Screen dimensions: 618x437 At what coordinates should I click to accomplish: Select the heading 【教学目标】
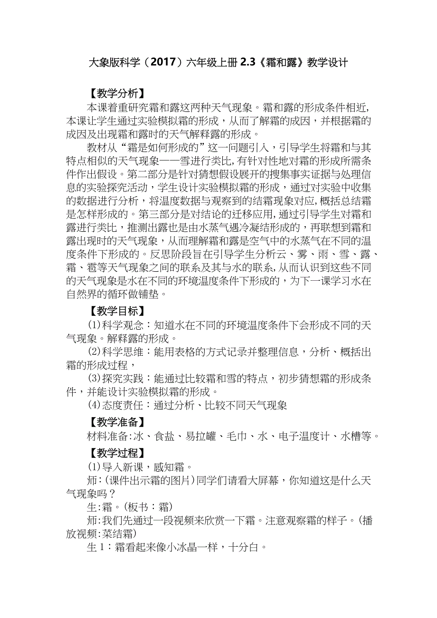click(x=114, y=311)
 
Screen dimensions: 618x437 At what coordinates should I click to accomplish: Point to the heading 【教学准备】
click(x=114, y=422)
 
